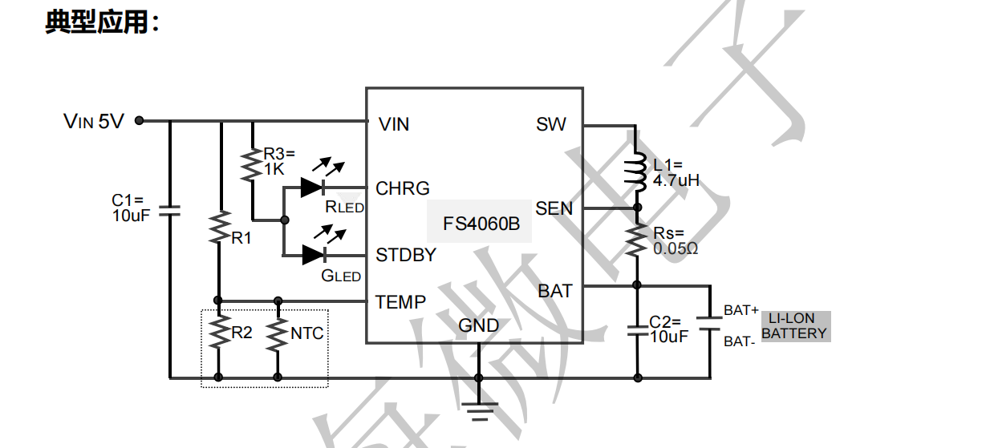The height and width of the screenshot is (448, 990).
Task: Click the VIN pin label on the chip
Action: click(393, 124)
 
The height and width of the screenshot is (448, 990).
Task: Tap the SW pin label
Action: click(550, 124)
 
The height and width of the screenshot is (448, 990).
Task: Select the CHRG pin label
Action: click(403, 188)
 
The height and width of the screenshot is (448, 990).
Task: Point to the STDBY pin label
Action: click(406, 255)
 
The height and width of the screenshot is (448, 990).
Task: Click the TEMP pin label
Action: click(401, 302)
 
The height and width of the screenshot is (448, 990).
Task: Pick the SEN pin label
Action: click(554, 208)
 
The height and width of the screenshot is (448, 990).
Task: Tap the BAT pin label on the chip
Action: click(555, 291)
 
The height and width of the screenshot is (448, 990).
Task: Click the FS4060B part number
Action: click(481, 224)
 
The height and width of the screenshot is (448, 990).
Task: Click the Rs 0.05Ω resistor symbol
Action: click(638, 240)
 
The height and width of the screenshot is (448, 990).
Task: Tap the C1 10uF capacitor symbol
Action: click(170, 211)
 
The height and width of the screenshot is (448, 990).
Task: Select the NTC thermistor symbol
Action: click(278, 334)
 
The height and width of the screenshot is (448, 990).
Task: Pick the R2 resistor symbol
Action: click(218, 333)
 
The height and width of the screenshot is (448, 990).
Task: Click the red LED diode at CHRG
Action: click(312, 188)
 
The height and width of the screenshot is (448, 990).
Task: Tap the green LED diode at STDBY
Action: click(312, 255)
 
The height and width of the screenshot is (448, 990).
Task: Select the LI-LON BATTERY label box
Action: click(795, 326)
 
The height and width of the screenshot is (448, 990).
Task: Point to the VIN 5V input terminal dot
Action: click(139, 121)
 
